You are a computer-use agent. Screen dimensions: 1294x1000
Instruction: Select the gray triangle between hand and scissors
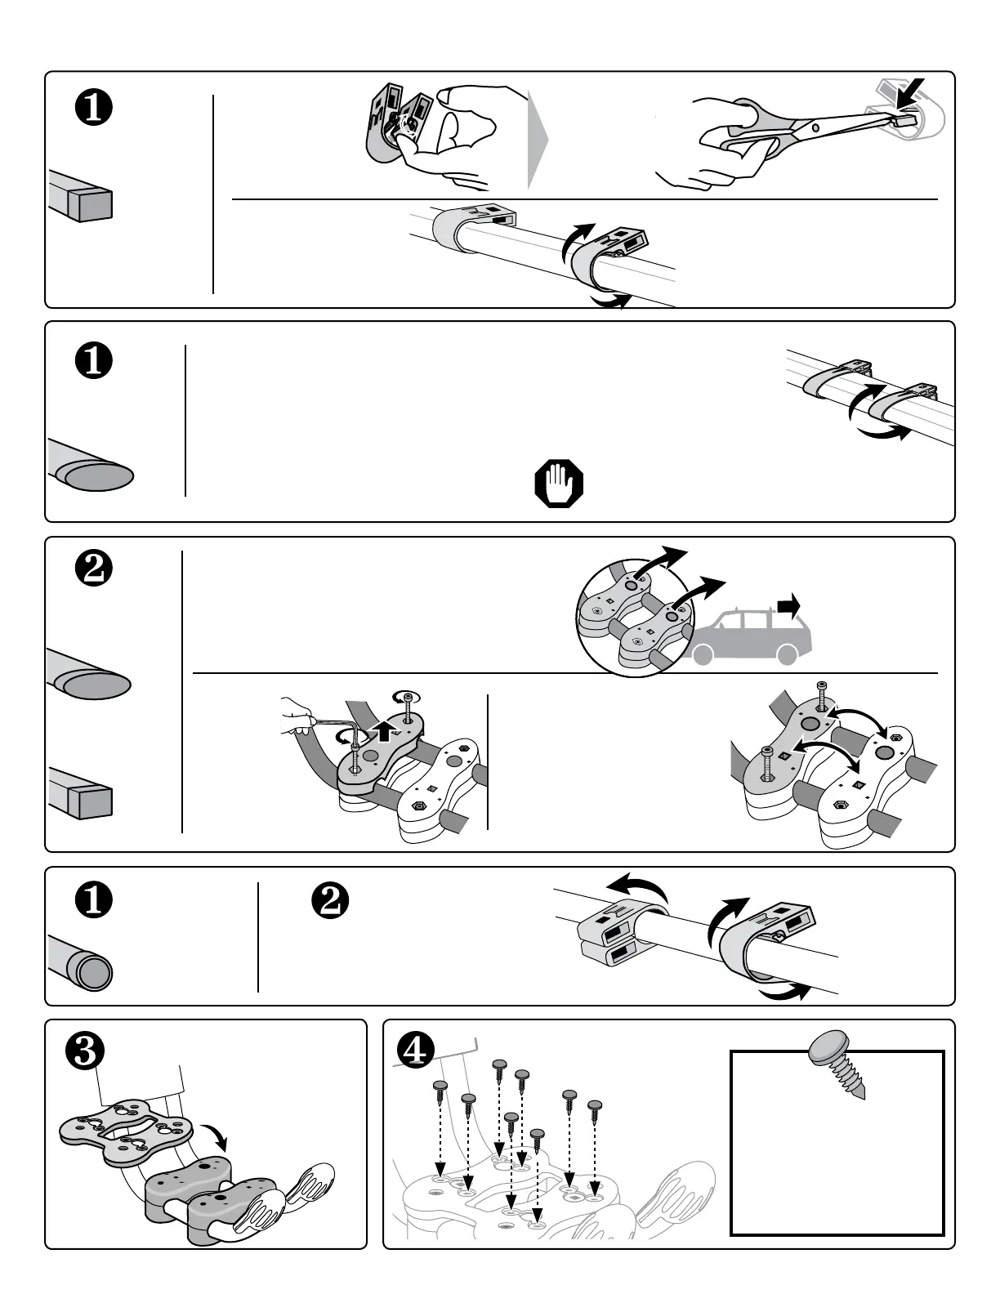[x=537, y=139]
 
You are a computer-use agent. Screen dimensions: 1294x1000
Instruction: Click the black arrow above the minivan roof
[x=789, y=606]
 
